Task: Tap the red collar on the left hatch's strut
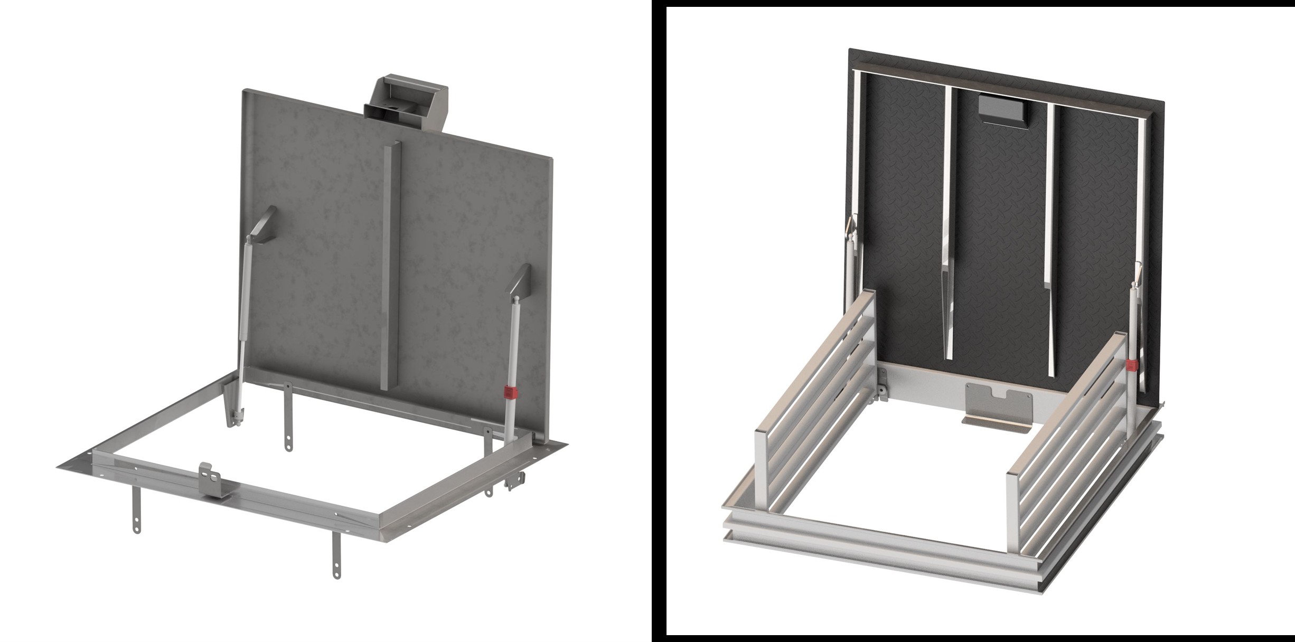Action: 510,392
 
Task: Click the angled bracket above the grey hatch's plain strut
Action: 262,224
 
